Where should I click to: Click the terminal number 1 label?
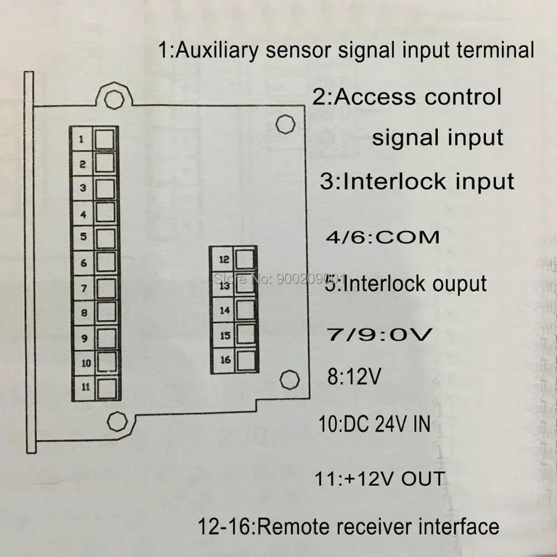click(82, 139)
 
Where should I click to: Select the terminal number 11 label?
click(84, 387)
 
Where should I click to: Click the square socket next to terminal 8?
click(105, 312)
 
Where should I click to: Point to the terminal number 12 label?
click(224, 259)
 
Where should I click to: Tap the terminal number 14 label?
click(224, 310)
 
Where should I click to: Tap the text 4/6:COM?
click(382, 237)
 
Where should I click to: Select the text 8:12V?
click(354, 377)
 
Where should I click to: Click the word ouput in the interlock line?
click(460, 284)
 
